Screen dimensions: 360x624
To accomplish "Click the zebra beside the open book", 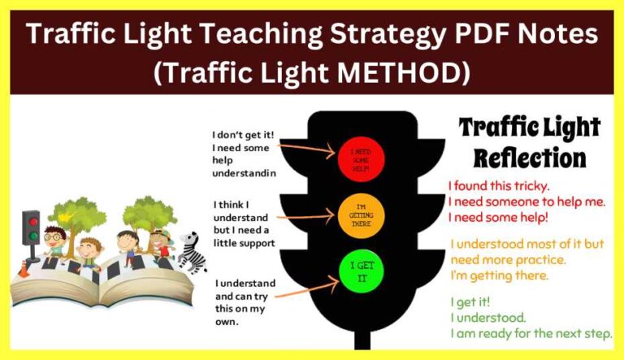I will (x=192, y=252).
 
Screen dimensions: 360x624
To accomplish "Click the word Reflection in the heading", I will (x=530, y=157).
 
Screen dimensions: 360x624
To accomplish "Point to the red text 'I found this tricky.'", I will (x=499, y=185).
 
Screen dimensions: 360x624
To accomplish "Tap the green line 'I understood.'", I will (x=488, y=318).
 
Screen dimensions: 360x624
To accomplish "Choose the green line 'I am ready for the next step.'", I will (x=531, y=334).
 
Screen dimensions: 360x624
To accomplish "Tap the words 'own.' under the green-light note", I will (x=227, y=322).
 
